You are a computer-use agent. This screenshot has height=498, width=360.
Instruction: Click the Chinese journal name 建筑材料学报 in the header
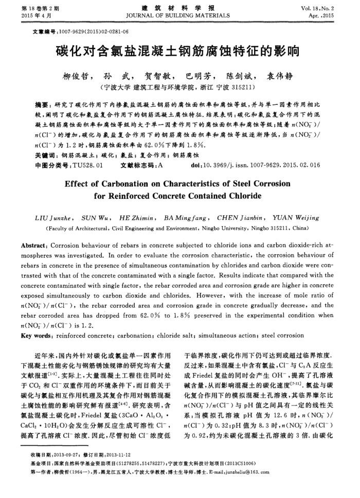click(x=179, y=9)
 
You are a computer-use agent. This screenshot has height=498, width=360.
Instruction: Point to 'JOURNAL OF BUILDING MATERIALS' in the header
click(x=179, y=16)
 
